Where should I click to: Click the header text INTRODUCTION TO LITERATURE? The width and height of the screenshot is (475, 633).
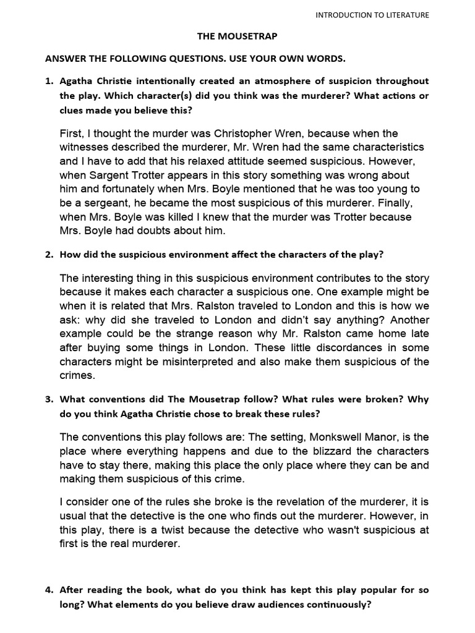coord(372,15)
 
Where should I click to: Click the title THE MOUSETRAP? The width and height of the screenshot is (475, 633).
coord(237,36)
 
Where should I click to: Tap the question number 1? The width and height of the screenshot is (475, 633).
coord(49,81)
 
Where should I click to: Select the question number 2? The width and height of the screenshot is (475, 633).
coord(49,254)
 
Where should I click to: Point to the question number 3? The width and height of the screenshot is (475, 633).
coord(49,399)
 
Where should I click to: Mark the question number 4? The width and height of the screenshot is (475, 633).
coord(49,590)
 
